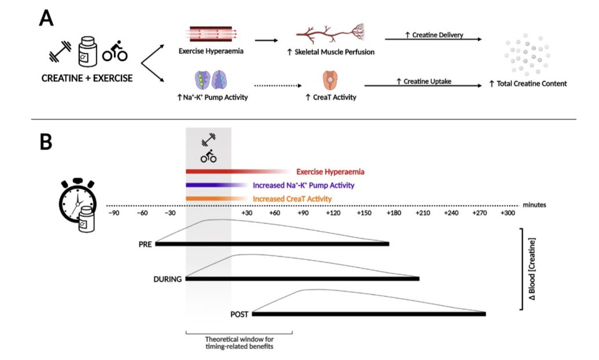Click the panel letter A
tap(46, 19)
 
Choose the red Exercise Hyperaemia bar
tap(231, 171)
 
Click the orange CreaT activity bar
tap(208, 199)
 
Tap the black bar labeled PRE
tap(272, 244)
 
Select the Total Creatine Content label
tap(528, 83)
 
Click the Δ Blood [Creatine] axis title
tap(532, 270)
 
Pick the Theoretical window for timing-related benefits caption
tap(238, 343)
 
